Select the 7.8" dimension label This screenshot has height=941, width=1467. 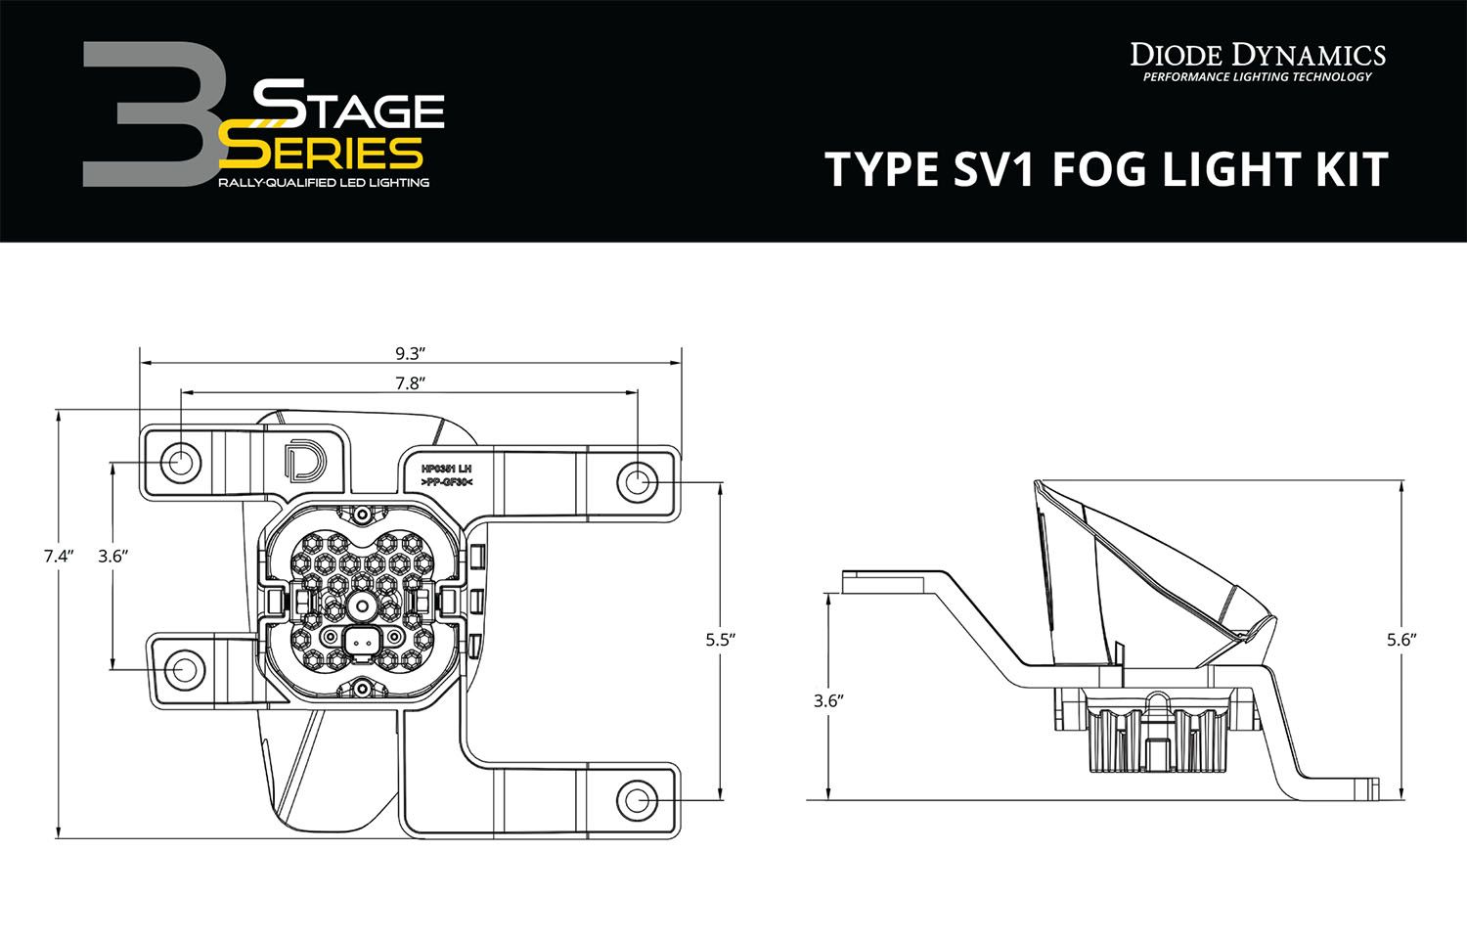click(x=411, y=383)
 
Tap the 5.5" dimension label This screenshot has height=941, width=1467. click(x=719, y=639)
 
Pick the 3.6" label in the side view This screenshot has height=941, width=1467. click(x=828, y=700)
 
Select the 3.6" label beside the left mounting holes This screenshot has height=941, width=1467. click(x=113, y=556)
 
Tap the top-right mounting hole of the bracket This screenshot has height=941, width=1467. click(x=635, y=482)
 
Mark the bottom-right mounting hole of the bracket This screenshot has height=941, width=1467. click(x=637, y=799)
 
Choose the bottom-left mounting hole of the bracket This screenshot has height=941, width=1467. click(x=183, y=670)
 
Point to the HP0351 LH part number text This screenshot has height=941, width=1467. click(x=445, y=470)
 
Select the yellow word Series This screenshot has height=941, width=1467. click(x=323, y=152)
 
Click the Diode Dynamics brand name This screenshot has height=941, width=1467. click(x=1257, y=53)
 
